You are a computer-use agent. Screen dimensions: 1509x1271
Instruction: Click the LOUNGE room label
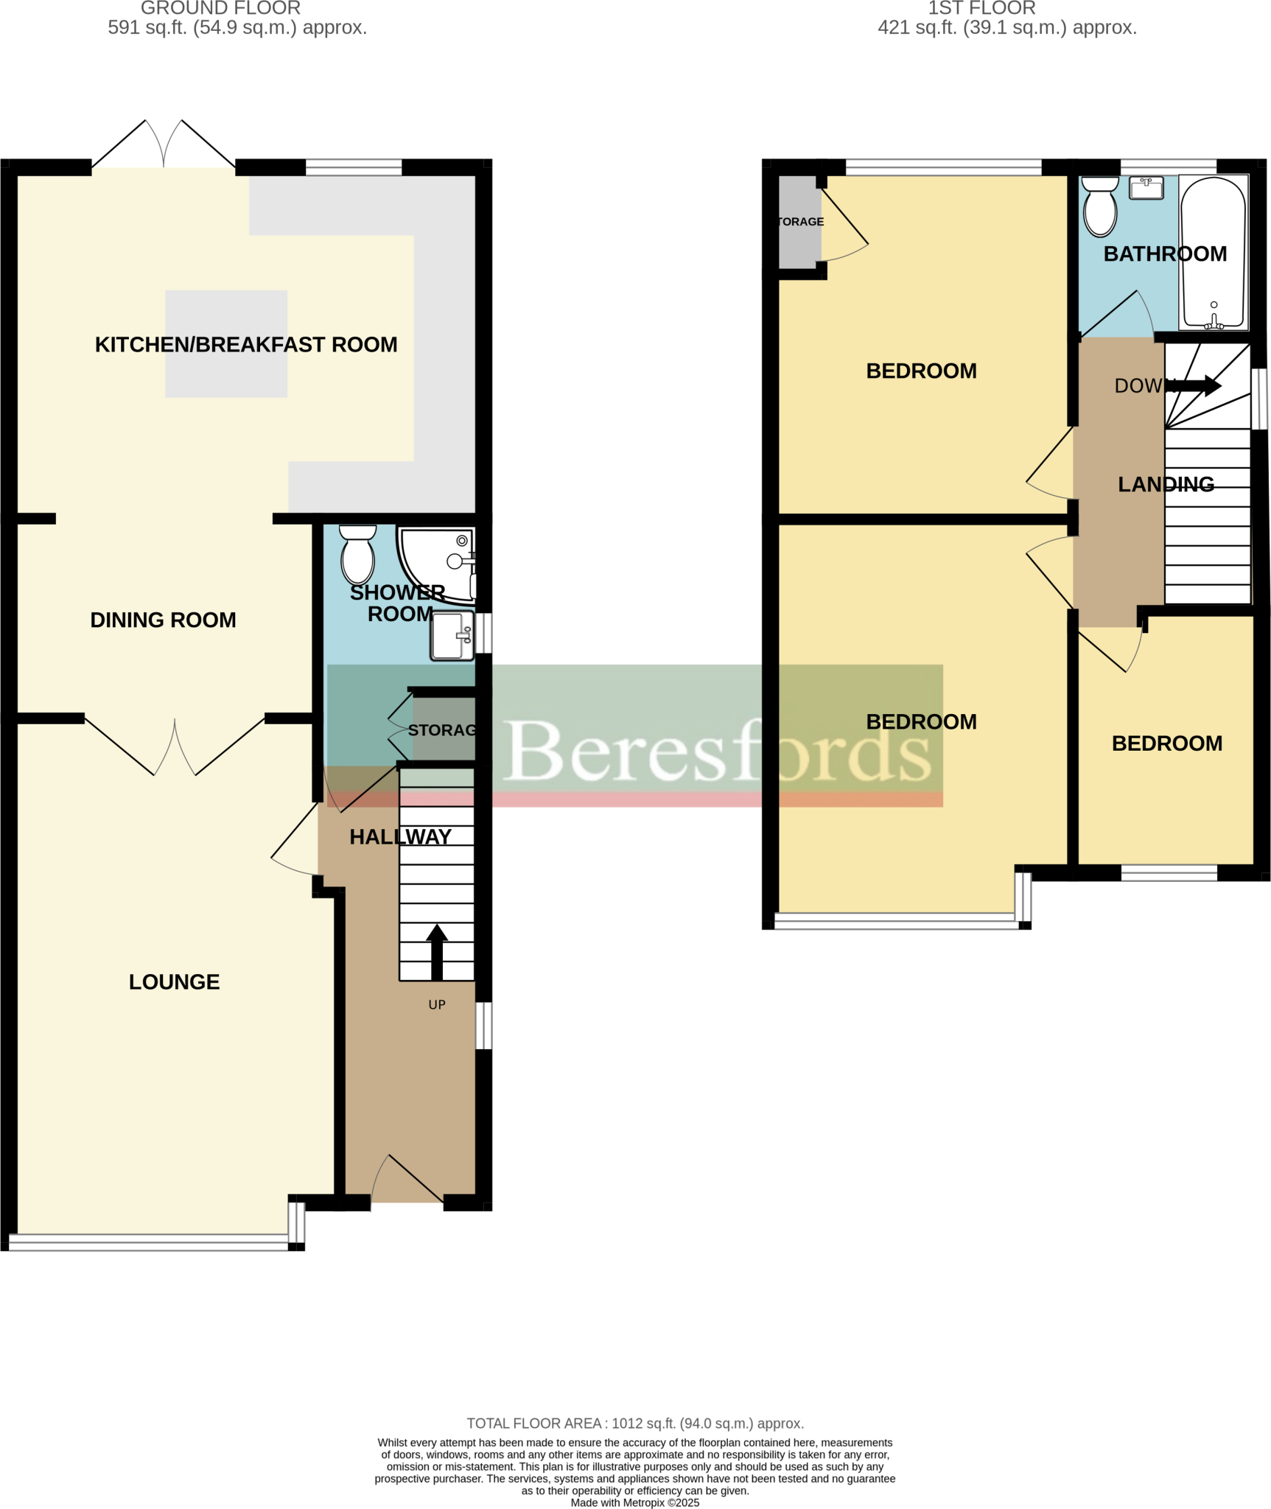click(x=174, y=982)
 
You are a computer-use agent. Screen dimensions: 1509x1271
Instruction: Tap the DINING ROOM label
click(x=163, y=620)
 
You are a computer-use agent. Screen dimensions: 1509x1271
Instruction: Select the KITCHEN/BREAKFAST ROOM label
click(x=246, y=345)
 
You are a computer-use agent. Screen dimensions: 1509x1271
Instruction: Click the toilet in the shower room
click(x=357, y=556)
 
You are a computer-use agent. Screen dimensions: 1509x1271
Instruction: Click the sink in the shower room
click(x=452, y=636)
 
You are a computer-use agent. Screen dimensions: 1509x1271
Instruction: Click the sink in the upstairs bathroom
click(x=1146, y=188)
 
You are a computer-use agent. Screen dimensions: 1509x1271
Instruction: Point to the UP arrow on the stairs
click(x=437, y=951)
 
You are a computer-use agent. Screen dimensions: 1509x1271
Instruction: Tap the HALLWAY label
click(x=400, y=837)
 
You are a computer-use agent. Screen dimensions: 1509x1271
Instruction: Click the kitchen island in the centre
click(x=226, y=344)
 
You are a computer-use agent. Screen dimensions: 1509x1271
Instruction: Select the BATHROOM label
click(x=1165, y=254)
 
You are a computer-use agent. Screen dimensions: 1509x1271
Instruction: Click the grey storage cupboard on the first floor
click(x=799, y=222)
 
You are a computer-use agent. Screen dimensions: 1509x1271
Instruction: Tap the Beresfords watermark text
click(x=718, y=752)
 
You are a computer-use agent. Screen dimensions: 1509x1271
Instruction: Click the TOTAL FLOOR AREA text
click(x=635, y=1424)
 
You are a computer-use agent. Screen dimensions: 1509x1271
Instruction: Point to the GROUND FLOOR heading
click(x=220, y=9)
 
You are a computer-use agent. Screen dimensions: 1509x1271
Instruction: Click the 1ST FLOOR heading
click(x=981, y=9)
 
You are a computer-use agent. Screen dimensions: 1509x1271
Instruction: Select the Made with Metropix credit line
click(x=635, y=1502)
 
